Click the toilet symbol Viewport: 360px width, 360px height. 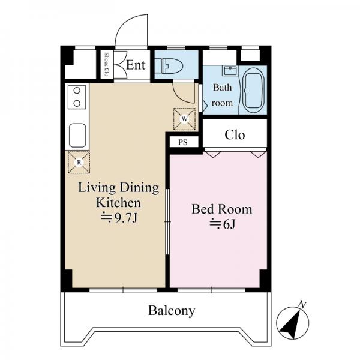pos(169,65)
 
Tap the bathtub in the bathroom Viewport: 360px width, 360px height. pos(254,91)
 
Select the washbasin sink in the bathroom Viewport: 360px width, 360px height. pos(230,71)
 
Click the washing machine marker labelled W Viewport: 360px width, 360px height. pos(185,119)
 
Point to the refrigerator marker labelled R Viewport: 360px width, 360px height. pos(79,163)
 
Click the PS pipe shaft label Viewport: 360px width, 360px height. pos(183,142)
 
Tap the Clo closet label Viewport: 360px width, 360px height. pos(235,135)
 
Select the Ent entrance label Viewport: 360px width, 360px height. pos(136,65)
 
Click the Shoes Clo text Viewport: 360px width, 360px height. pos(106,65)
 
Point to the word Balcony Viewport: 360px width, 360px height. pos(172,311)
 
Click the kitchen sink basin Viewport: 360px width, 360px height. pos(77,136)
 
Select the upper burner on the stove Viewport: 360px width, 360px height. pos(77,91)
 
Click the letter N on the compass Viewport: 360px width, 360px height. pos(302,304)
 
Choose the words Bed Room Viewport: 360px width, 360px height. pos(222,209)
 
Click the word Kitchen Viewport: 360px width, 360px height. pos(118,203)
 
